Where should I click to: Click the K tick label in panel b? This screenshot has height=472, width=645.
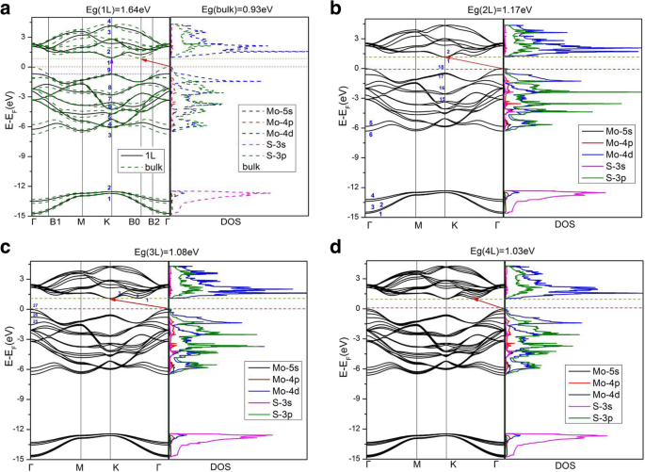[x=452, y=226]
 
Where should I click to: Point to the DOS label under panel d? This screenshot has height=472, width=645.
[x=567, y=465]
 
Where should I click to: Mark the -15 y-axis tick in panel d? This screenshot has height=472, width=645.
[x=352, y=457]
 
